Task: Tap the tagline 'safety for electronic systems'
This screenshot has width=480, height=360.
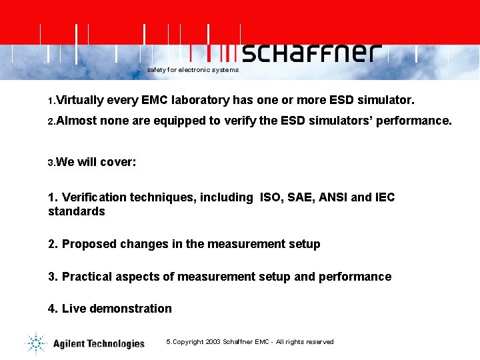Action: coord(193,70)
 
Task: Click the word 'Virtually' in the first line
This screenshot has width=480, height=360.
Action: coord(80,101)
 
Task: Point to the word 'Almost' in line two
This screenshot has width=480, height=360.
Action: coord(77,121)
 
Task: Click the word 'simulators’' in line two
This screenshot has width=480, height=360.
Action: coord(341,121)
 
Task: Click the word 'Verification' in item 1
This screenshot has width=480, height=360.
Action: coord(94,197)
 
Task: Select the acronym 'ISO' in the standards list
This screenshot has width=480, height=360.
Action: coord(270,197)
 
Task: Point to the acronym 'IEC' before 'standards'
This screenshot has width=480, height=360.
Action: coord(385,197)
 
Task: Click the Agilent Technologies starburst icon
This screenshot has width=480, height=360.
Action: coord(35,343)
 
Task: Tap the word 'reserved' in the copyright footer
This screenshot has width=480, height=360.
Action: coord(320,342)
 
